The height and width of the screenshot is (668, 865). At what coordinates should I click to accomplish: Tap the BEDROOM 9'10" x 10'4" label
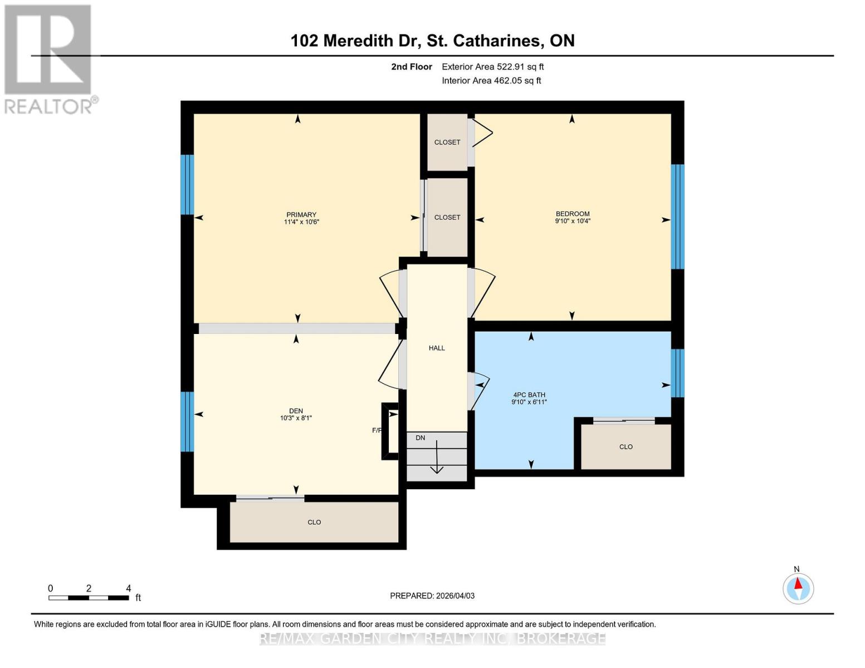coord(573,217)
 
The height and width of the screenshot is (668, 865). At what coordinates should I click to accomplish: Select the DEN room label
coord(296,414)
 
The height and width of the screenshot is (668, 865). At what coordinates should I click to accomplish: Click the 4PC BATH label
coord(529,398)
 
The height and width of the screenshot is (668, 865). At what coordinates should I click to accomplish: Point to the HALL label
coord(437,348)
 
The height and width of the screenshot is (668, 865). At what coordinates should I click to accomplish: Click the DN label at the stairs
coord(421,438)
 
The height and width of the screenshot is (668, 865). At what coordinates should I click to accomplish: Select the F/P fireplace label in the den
coord(377,430)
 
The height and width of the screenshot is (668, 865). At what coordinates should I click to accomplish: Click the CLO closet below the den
coord(314,522)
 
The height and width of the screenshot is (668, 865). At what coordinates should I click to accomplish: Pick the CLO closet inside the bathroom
coord(626,446)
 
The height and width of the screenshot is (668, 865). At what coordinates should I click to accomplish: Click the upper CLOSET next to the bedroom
coord(447,142)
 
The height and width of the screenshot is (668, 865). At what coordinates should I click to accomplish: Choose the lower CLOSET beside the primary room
coord(447,217)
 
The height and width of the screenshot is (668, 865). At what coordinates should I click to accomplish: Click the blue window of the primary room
coord(187,184)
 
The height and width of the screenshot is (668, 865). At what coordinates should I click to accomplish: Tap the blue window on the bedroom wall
coord(677,217)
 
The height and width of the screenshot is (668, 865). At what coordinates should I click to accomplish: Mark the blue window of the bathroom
coord(677,373)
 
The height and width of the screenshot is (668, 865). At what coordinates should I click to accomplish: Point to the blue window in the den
coord(187,421)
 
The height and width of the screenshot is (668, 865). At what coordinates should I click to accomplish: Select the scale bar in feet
coord(89,597)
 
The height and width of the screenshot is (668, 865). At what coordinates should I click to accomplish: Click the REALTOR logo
coord(49,58)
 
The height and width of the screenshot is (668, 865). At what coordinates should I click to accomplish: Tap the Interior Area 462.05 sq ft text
coord(491,80)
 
